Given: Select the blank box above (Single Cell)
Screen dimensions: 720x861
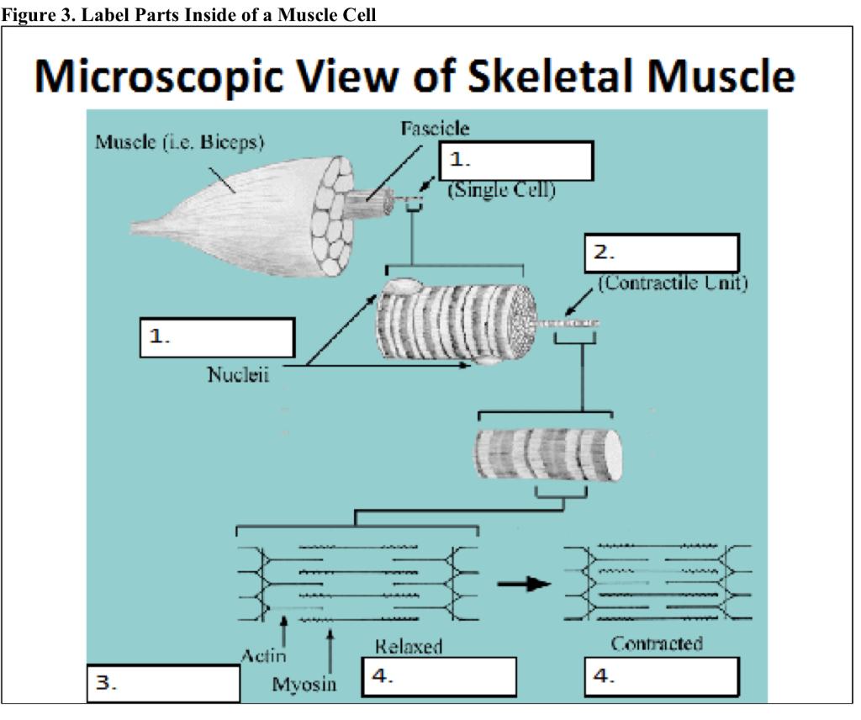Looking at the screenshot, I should (516, 161).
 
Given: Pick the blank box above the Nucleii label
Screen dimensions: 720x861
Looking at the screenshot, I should (217, 337).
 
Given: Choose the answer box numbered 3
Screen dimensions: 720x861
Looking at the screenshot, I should (164, 684).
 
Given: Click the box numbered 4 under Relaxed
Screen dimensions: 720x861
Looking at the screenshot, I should (439, 676).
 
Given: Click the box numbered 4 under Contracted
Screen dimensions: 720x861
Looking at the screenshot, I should (662, 676).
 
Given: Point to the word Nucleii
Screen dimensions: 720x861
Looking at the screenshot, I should (238, 375).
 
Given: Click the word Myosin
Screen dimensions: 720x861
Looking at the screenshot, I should (304, 684).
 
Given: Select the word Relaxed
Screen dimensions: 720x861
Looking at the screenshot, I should (409, 646).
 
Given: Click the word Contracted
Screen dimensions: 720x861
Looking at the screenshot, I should (657, 644).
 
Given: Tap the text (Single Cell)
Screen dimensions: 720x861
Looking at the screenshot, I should (501, 191).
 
